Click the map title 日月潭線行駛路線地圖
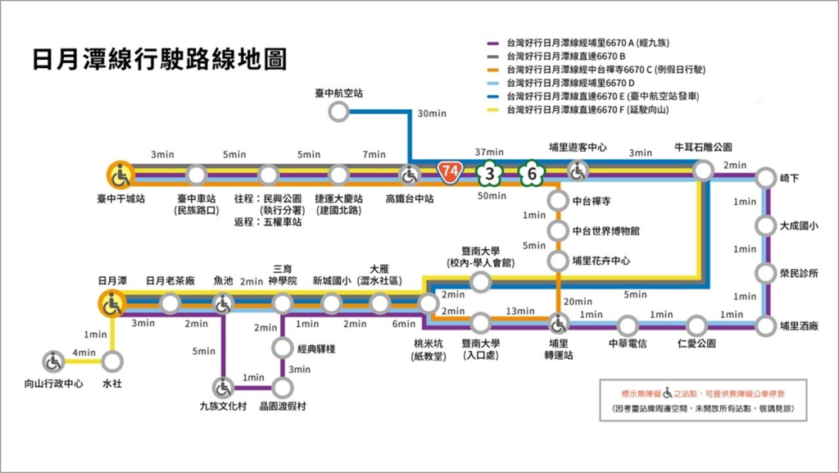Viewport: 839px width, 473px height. pos(159,60)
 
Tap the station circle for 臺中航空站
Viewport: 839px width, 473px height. pos(338,111)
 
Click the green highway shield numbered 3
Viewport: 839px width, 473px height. pos(489,174)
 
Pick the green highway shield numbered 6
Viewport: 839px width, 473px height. pos(532,174)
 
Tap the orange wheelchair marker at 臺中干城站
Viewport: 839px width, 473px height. pos(120,175)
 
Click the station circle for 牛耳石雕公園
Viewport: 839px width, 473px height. pos(702,171)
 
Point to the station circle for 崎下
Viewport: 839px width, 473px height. pos(765,178)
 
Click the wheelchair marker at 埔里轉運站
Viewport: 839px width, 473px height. pos(559,325)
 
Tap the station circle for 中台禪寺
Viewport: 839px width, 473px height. pos(558,200)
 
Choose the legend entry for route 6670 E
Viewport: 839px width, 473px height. pos(602,96)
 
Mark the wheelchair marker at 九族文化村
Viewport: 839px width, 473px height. pos(223,386)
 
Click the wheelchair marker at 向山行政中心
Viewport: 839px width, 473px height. pos(53,361)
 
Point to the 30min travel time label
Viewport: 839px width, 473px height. pos(430,113)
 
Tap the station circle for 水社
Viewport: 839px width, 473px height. pos(112,361)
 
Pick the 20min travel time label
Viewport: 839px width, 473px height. pos(578,302)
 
